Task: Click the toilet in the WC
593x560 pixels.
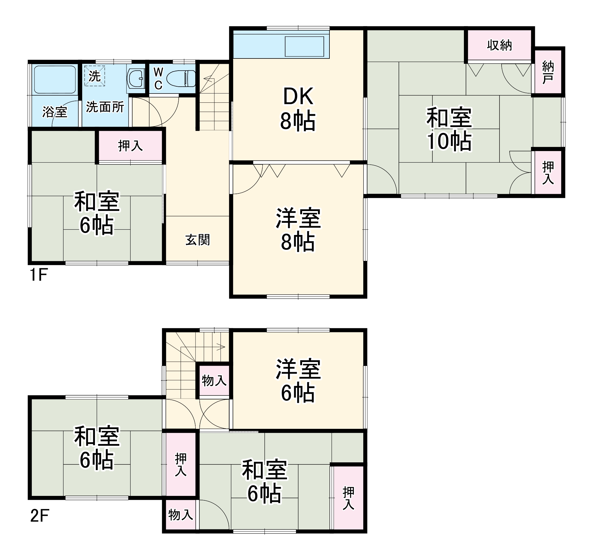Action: click(x=180, y=79)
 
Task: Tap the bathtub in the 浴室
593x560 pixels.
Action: click(x=55, y=80)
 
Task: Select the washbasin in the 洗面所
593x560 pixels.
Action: click(x=136, y=79)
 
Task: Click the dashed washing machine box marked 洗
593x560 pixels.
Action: click(x=95, y=76)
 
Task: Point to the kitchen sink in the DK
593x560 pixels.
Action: click(x=304, y=46)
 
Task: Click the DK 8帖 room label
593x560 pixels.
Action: click(x=298, y=109)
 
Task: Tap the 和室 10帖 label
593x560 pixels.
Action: click(x=449, y=129)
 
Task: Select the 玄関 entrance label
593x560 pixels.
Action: click(x=198, y=240)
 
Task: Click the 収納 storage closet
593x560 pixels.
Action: click(x=499, y=45)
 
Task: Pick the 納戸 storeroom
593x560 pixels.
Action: click(x=548, y=72)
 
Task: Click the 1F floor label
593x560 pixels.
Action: click(x=39, y=275)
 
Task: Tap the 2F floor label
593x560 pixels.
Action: click(x=39, y=516)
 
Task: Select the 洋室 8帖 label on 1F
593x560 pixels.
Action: click(x=298, y=230)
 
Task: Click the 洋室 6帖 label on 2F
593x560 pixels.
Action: click(x=298, y=381)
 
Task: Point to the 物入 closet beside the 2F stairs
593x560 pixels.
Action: click(x=214, y=380)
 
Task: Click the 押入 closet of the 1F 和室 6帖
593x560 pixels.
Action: click(x=130, y=146)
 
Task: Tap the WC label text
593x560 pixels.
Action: click(x=158, y=79)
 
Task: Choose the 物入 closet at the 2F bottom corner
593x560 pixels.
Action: click(x=180, y=515)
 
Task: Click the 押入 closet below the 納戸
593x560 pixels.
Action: click(x=548, y=172)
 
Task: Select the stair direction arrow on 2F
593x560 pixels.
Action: click(x=221, y=347)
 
